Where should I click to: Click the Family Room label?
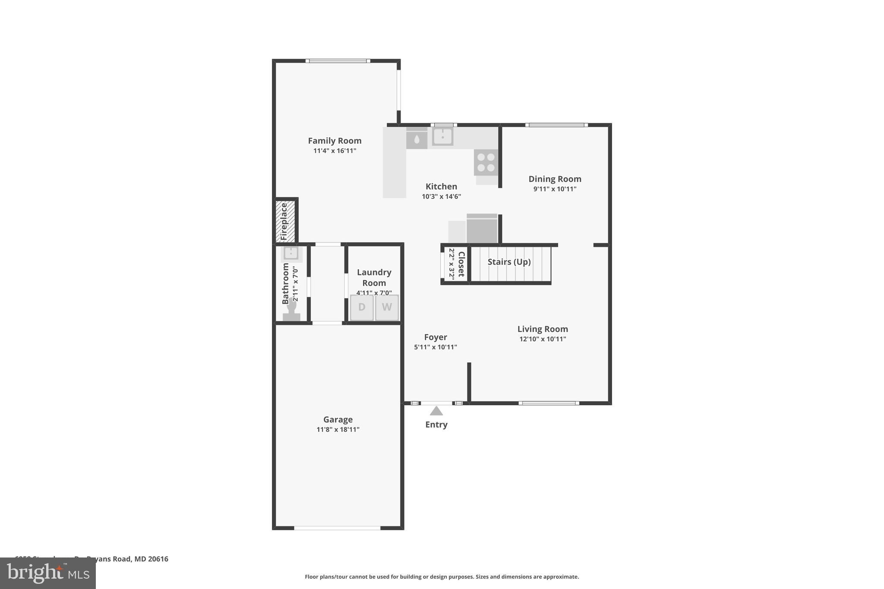click(335, 141)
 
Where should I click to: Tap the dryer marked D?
click(362, 307)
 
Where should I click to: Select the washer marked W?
click(387, 307)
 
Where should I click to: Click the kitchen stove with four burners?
click(486, 162)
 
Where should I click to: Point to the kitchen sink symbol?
click(442, 137)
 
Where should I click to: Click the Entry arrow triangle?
click(436, 411)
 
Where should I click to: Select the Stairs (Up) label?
click(509, 262)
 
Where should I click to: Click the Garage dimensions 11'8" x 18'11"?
click(338, 429)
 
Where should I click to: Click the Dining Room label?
click(555, 179)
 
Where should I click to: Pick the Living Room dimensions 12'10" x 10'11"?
click(543, 339)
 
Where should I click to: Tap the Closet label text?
click(461, 264)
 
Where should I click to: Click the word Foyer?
click(436, 337)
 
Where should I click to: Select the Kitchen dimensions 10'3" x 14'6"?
click(441, 197)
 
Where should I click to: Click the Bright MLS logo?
click(48, 573)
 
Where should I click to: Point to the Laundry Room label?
click(374, 277)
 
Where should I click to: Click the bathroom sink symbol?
click(291, 253)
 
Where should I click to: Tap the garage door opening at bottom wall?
click(337, 528)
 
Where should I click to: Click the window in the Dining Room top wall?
click(556, 125)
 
